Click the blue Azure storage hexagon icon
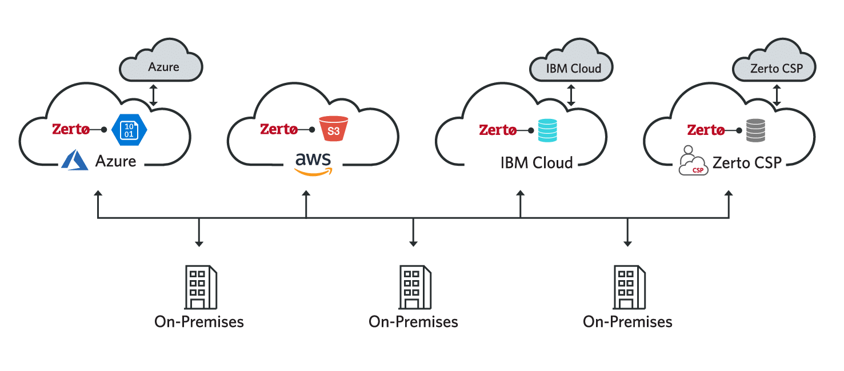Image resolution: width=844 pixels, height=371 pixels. [x=130, y=129]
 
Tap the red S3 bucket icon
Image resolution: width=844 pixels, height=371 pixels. [x=333, y=130]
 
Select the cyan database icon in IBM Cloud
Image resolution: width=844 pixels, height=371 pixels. [x=547, y=130]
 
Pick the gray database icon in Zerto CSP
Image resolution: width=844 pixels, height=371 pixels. [x=755, y=130]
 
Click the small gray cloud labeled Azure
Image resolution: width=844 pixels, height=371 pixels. [x=162, y=64]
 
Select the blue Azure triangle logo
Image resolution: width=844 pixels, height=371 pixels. [x=75, y=161]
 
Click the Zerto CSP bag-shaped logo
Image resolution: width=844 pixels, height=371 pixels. [x=693, y=162]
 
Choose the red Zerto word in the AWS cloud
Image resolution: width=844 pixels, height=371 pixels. [x=279, y=130]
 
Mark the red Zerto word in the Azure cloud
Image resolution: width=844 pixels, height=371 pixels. [x=71, y=130]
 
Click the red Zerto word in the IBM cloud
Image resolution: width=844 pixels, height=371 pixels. [x=498, y=130]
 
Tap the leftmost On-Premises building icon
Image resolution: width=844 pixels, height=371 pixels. [x=199, y=287]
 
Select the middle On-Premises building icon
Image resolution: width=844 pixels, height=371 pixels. [x=413, y=287]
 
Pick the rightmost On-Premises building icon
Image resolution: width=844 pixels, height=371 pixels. [x=627, y=287]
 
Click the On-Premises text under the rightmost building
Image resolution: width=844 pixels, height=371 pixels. [x=627, y=322]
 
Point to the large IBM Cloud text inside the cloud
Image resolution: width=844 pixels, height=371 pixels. [x=537, y=163]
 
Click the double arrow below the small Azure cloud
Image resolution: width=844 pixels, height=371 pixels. [x=153, y=95]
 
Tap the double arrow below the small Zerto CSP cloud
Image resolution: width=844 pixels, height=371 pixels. [x=777, y=95]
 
